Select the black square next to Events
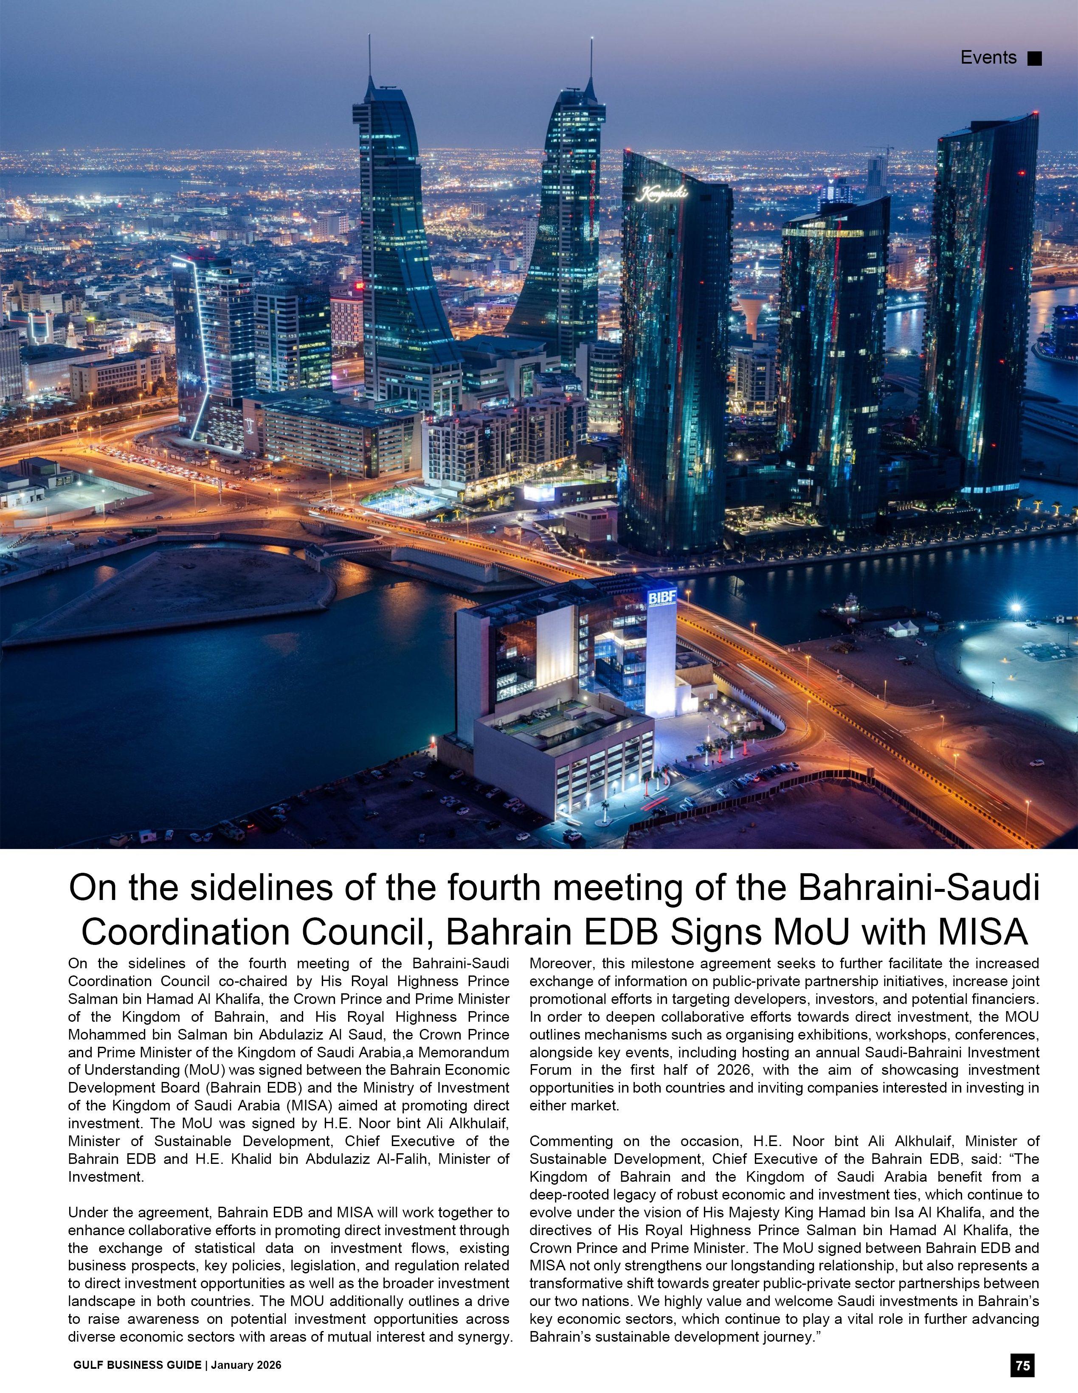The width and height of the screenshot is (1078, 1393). (1034, 59)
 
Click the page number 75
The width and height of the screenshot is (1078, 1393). (1022, 1365)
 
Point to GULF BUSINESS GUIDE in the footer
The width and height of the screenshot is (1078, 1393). (137, 1365)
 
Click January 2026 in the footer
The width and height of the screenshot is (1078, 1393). (246, 1365)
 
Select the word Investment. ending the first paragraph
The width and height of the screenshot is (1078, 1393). (106, 1177)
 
